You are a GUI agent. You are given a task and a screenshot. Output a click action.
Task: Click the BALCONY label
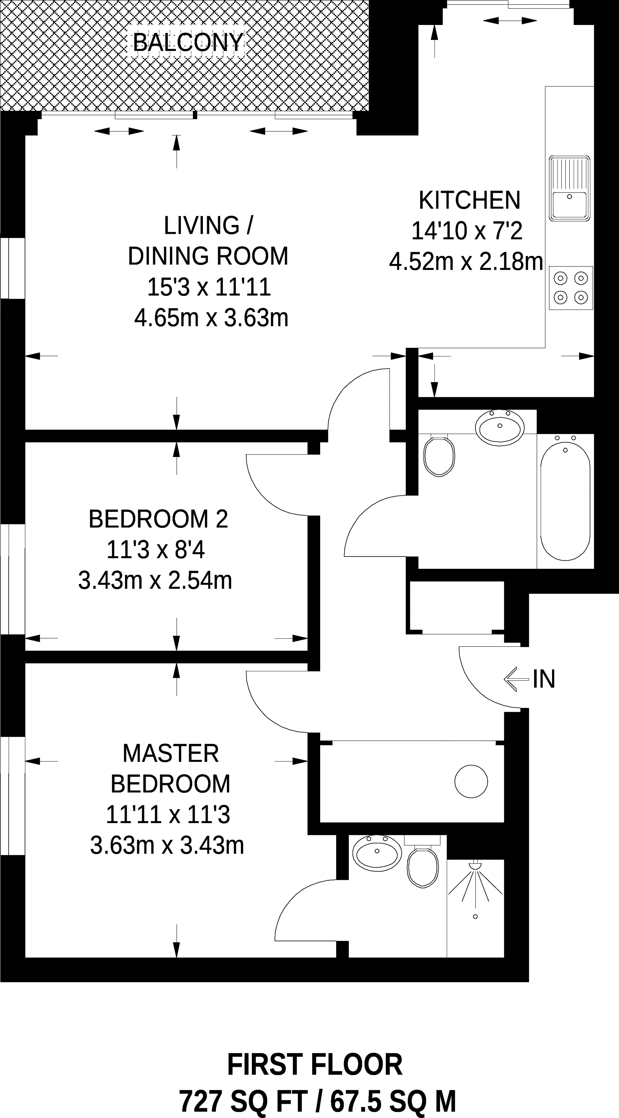[x=188, y=42]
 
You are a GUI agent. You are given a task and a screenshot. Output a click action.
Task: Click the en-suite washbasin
[x=377, y=852]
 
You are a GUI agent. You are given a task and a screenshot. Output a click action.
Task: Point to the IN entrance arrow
[x=517, y=679]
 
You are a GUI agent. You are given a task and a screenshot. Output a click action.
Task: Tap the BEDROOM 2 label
[x=158, y=519]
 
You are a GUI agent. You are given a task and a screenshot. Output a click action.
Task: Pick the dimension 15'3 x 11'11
[x=209, y=287]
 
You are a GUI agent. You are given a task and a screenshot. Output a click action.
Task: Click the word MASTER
[x=171, y=753]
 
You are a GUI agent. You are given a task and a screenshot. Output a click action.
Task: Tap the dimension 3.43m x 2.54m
[x=155, y=580]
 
